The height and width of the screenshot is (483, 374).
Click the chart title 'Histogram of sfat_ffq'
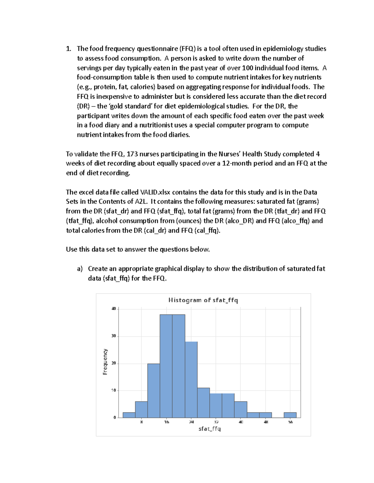203,300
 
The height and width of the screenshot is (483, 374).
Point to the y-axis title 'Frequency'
105,361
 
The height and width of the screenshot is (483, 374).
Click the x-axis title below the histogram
209,429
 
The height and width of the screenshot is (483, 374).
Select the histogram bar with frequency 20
154,391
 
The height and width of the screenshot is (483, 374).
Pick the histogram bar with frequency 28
191,379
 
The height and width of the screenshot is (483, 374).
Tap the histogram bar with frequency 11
204,403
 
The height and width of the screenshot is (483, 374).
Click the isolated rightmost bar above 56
290,415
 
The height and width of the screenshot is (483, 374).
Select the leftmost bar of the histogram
129,415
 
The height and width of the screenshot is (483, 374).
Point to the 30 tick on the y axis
114,336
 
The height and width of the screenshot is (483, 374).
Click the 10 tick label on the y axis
114,390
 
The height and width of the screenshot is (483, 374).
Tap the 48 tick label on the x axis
266,422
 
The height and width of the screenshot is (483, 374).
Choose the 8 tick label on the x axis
141,422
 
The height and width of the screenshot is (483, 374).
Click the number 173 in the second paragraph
132,154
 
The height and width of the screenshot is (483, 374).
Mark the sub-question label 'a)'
80,269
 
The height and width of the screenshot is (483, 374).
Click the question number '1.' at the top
69,49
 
